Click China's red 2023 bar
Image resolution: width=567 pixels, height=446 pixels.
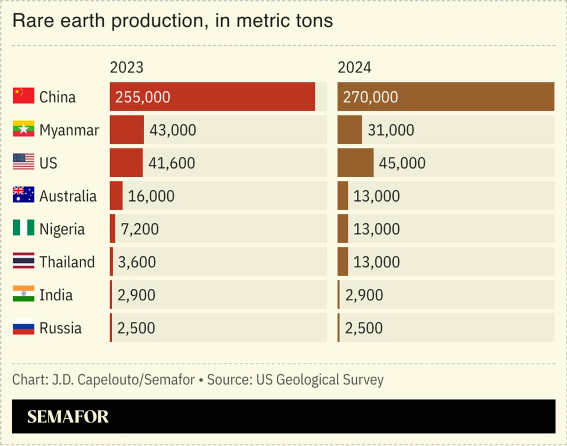tap(212, 96)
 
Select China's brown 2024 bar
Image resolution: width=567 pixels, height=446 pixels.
tap(445, 96)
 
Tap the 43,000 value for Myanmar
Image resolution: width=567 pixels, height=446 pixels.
tap(172, 130)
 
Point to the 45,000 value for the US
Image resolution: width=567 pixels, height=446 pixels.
tap(402, 163)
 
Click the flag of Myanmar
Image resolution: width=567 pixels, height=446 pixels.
tap(24, 129)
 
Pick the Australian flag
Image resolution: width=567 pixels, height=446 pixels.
tap(24, 195)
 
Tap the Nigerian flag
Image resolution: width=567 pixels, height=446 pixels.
tap(24, 228)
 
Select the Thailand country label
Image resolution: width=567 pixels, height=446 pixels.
tap(67, 262)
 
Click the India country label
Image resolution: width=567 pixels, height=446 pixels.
tap(56, 295)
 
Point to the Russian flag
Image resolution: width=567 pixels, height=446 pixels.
tap(24, 327)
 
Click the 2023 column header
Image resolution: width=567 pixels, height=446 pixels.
tap(126, 67)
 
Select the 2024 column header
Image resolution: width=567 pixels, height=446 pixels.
tap(354, 67)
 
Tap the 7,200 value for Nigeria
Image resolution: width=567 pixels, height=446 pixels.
tap(140, 229)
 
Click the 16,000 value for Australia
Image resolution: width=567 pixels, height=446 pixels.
tap(151, 196)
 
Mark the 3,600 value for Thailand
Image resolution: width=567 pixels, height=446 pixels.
tap(137, 262)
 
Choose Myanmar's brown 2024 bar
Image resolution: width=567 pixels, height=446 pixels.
tap(349, 130)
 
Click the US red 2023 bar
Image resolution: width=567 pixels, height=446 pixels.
tap(126, 163)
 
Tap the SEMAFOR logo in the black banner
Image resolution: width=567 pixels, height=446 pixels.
tap(68, 417)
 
